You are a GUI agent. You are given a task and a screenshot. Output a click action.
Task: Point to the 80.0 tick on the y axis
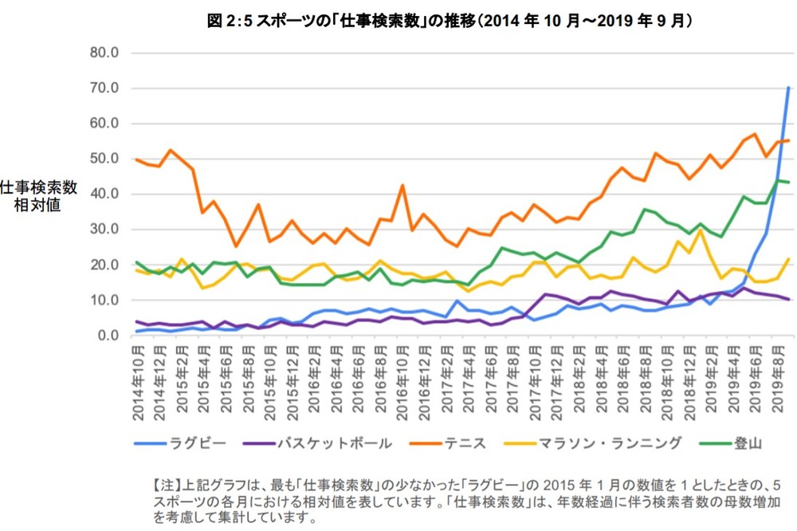103,53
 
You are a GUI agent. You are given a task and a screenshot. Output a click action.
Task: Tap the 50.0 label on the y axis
103,159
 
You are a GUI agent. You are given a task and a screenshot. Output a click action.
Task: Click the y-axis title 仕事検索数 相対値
38,195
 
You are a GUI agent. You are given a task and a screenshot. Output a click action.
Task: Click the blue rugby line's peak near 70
788,88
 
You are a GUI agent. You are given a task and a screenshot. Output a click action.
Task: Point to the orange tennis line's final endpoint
789,140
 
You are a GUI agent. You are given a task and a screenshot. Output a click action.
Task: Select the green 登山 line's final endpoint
789,183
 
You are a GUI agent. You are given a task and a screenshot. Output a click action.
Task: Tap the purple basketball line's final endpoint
789,299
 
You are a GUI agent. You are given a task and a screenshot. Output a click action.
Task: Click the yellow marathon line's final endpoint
789,259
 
